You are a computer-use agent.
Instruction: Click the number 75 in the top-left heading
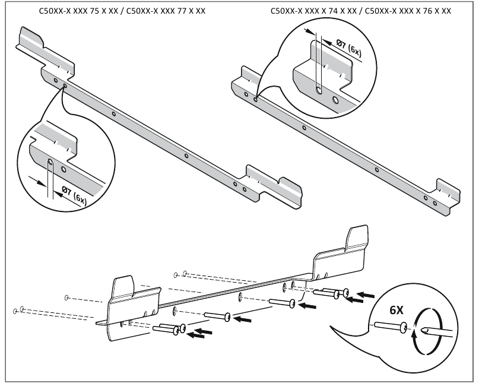[x=94, y=11]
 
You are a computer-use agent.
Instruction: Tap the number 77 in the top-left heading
[x=182, y=11]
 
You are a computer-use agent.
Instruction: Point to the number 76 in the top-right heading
[x=427, y=11]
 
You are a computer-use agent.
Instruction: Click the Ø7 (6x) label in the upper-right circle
[x=348, y=48]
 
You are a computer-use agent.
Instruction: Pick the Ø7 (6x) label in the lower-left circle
[x=74, y=195]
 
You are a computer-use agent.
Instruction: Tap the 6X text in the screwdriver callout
[x=396, y=310]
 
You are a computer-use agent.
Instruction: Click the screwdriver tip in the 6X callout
[x=424, y=330]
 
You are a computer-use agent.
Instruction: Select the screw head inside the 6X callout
[x=403, y=328]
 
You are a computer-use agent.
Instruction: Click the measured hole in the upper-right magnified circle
[x=319, y=90]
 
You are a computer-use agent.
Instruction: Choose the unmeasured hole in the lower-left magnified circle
[x=64, y=169]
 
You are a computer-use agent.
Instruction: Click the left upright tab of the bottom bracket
[x=123, y=287]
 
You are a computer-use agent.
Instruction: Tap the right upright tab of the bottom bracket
[x=357, y=238]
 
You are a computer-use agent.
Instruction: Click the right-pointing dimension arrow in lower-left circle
[x=37, y=181]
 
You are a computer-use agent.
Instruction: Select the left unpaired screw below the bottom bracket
[x=217, y=316]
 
